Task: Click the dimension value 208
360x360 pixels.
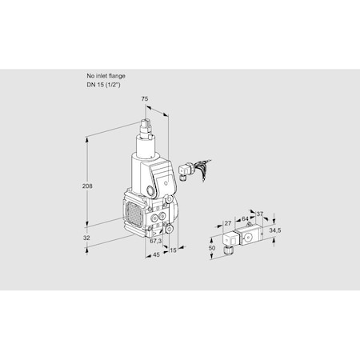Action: (86, 186)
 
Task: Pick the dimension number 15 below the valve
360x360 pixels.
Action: (174, 250)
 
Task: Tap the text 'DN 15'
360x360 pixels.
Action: (93, 83)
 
